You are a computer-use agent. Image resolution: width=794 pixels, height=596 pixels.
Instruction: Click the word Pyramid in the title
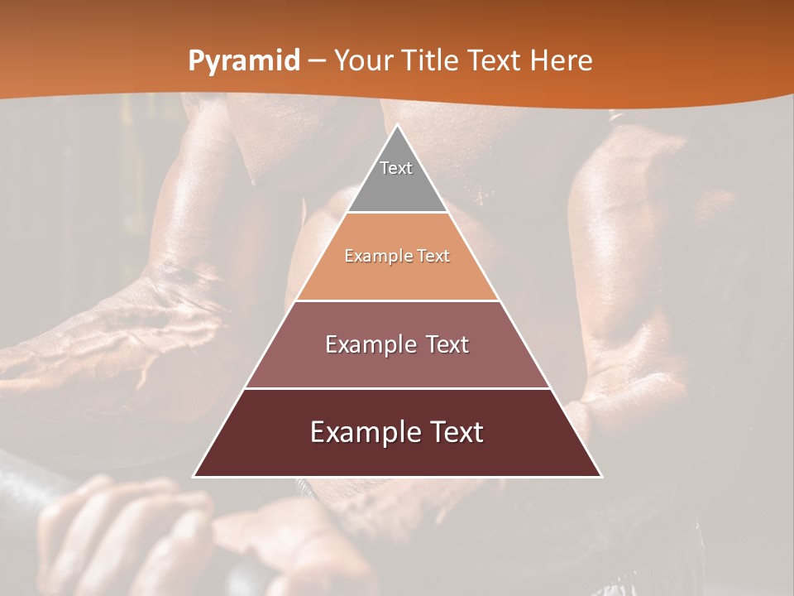[243, 61]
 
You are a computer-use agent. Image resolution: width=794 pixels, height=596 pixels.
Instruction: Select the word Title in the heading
[430, 60]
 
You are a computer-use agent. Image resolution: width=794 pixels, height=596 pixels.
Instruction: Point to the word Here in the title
[562, 60]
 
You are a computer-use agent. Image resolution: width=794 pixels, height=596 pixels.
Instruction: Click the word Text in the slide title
[496, 60]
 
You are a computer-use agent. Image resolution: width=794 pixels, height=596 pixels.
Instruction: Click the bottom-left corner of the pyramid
[194, 476]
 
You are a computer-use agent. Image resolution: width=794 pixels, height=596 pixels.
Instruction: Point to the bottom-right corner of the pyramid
[600, 476]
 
